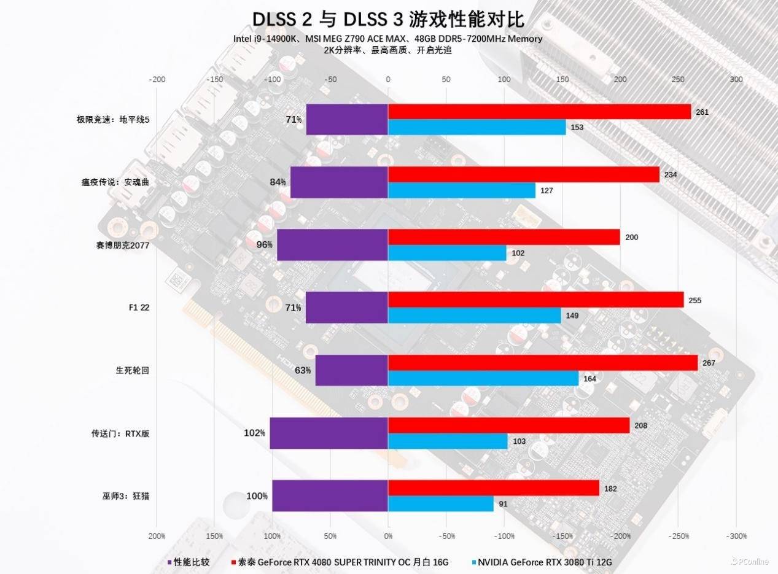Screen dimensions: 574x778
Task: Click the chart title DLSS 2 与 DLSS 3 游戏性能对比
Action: tap(388, 18)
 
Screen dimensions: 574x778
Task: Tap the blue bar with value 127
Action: tap(461, 190)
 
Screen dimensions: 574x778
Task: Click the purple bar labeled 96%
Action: tap(332, 245)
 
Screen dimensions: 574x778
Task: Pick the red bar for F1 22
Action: tap(535, 300)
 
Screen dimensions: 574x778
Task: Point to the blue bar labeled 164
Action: tap(483, 378)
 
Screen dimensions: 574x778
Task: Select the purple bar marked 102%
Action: tap(329, 433)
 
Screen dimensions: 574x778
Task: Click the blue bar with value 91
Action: tap(440, 503)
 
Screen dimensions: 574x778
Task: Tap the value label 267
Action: tap(709, 363)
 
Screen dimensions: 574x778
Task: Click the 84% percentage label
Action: tap(278, 182)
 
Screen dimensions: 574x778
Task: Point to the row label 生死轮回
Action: tap(133, 370)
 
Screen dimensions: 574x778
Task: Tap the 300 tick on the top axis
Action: tap(736, 79)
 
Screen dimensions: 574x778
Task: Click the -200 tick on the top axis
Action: tap(157, 79)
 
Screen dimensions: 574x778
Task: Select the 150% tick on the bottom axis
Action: tap(214, 536)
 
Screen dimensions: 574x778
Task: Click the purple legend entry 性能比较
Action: tap(189, 562)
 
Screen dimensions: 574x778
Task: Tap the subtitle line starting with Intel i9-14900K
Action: tap(387, 39)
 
